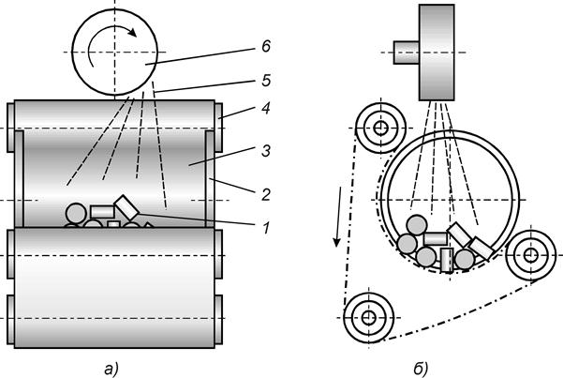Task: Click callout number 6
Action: point(266,46)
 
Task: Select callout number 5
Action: point(266,81)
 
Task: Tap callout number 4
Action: point(266,108)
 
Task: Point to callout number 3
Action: point(266,151)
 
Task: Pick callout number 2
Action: point(266,194)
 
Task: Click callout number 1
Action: point(266,228)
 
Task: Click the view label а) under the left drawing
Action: point(111,370)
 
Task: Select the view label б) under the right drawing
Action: point(421,369)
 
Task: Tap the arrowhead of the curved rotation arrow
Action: point(132,33)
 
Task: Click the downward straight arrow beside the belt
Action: point(338,217)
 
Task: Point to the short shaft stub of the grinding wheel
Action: point(407,53)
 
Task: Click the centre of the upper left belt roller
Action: point(380,129)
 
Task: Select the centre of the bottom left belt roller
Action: point(368,318)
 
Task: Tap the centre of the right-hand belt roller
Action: point(531,255)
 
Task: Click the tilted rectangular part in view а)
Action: point(126,206)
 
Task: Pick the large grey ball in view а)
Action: point(76,214)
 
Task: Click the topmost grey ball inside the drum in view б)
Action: point(417,225)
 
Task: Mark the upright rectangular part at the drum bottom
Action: point(447,260)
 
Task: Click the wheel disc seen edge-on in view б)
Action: point(437,53)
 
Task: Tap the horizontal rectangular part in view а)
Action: point(102,212)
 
